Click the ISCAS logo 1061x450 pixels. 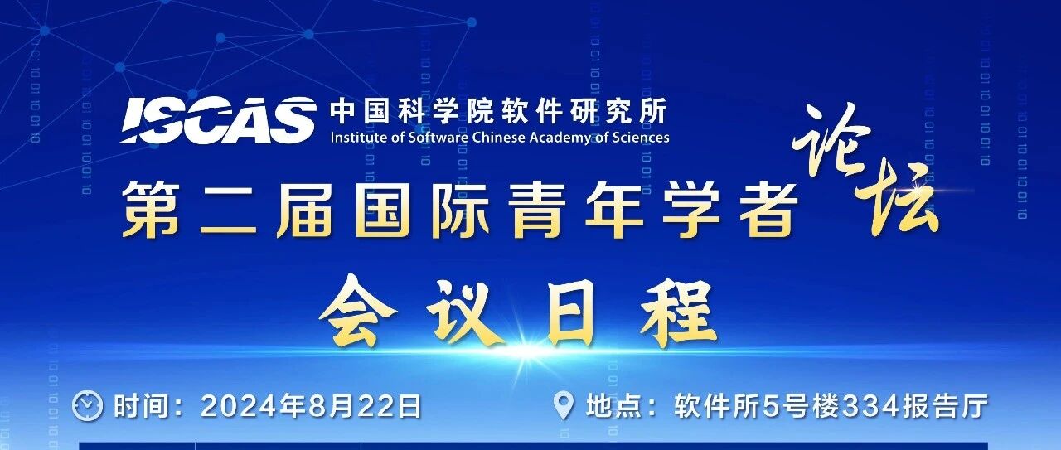pos(219,120)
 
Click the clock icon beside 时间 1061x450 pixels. pos(87,406)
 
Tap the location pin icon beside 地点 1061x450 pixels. pos(564,407)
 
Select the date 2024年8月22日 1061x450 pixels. pos(311,406)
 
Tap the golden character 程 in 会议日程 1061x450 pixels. pos(679,312)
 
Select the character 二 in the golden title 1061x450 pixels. pos(229,210)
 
